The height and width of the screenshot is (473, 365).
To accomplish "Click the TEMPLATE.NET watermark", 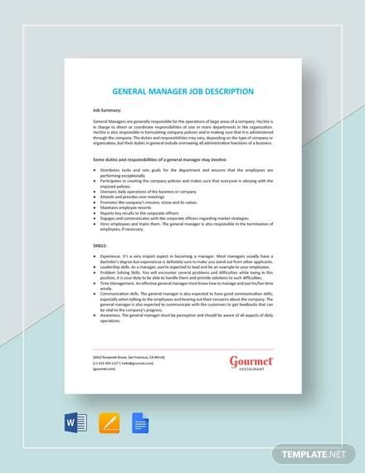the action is click(x=317, y=456).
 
